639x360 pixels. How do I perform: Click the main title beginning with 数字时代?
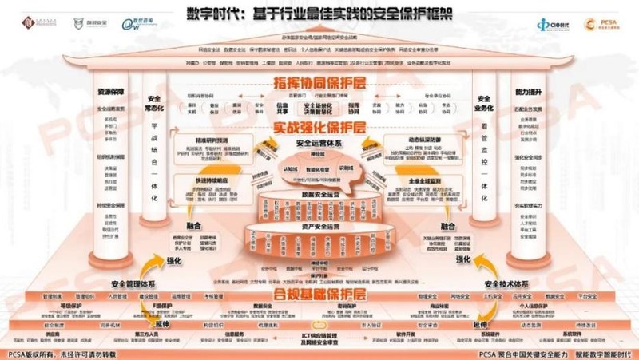319,14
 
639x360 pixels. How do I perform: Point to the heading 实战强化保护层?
320,128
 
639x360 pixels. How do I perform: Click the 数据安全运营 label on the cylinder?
319,194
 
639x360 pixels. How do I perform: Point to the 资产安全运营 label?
319,227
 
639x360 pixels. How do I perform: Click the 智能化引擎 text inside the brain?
319,169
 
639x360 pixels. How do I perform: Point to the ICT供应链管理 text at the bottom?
319,338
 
